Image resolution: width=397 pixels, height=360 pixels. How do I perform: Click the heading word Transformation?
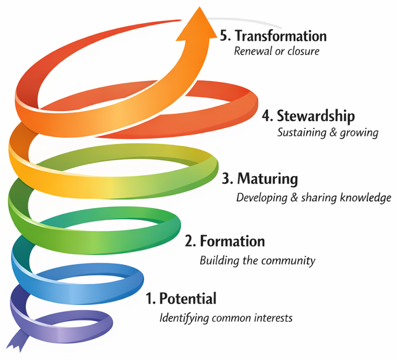pos(281,36)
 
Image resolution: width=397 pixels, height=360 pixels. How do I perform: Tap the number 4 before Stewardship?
pos(265,116)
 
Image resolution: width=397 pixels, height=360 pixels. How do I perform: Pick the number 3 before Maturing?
pos(227,180)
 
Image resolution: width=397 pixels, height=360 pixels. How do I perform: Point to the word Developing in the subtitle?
pos(262,198)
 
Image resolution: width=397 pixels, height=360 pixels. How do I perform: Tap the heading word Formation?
pos(231,241)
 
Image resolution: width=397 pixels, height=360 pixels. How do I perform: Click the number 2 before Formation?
pos(189,241)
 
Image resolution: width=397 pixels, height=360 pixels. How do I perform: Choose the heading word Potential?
pos(188,299)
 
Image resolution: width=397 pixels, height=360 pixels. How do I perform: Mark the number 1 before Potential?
pos(149,299)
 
